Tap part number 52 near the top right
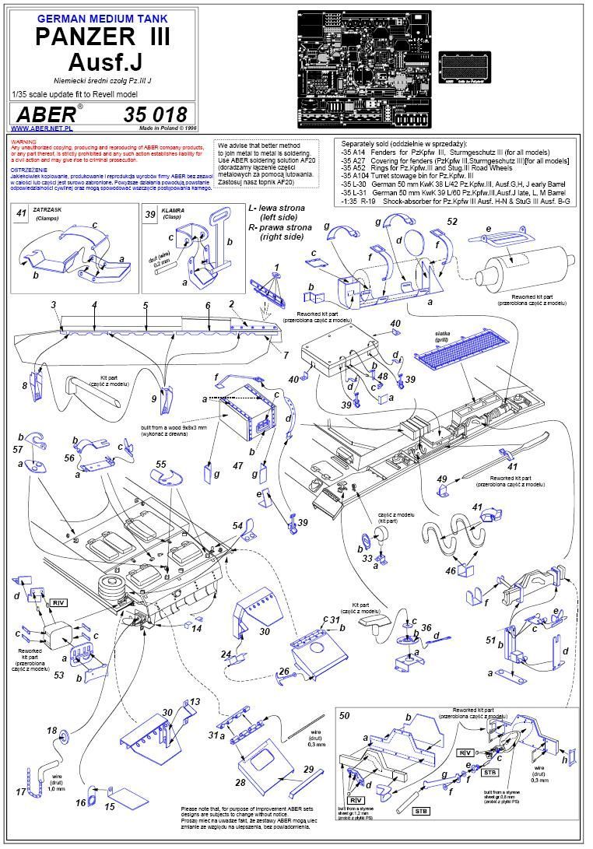(452, 222)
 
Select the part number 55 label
(161, 465)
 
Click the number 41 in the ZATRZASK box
(23, 212)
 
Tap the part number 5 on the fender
(146, 306)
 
